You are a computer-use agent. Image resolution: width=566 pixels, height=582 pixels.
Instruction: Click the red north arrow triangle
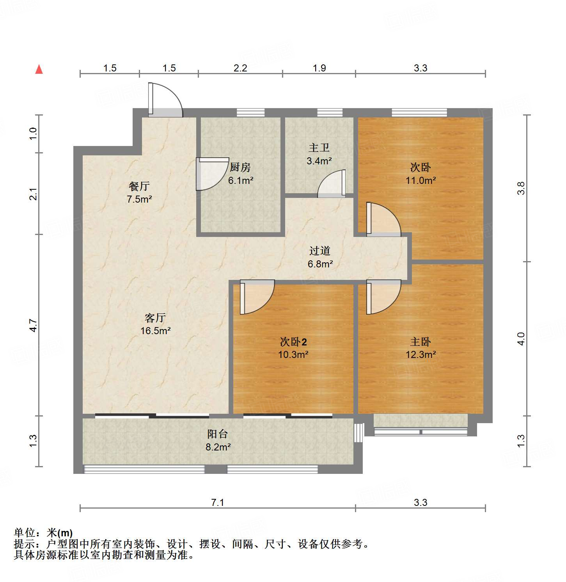point(39,69)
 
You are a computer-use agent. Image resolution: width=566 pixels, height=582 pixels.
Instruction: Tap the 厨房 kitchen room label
point(240,167)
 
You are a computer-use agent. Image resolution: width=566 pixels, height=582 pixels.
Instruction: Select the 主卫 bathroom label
point(319,148)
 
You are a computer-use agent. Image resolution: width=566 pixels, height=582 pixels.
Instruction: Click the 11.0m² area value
point(421,180)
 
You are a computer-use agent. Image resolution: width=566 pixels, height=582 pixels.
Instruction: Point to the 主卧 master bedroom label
point(421,342)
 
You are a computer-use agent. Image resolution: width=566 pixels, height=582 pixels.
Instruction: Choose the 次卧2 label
point(293,342)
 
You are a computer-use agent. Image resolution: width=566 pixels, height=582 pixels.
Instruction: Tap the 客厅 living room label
point(155,318)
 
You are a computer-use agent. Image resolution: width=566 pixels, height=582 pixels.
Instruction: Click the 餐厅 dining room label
point(139,186)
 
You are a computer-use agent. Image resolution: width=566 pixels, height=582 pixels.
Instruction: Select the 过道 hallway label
point(320,251)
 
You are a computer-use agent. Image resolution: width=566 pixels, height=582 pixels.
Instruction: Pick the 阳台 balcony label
point(218,434)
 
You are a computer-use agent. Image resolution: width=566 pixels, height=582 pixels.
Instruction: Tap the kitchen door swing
point(211,174)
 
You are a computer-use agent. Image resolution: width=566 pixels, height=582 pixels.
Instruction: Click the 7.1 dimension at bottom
point(218,502)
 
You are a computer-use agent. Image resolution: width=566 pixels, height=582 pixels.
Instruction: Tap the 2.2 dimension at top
point(240,68)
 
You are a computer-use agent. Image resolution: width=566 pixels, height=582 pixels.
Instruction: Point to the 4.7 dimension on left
point(34,325)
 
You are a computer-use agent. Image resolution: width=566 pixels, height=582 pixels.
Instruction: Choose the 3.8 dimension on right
point(521,188)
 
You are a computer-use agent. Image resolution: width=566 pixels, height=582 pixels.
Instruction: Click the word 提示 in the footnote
point(24,544)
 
